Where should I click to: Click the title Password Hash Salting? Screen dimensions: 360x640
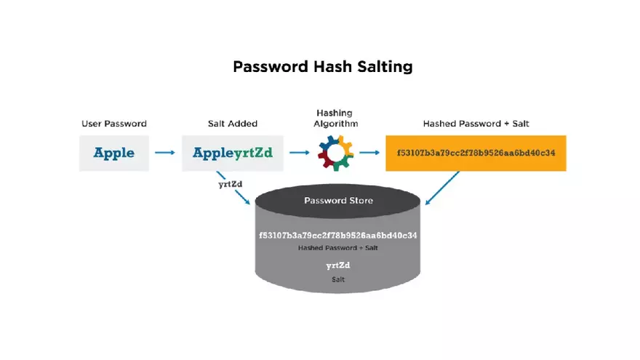(322, 67)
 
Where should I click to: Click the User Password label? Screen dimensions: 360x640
(114, 124)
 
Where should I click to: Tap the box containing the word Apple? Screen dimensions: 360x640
(114, 153)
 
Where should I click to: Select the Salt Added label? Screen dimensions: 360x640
(233, 124)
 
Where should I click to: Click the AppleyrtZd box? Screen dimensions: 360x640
(233, 153)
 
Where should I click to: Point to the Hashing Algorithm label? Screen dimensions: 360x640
(335, 119)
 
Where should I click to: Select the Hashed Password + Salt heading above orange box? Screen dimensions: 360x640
(476, 124)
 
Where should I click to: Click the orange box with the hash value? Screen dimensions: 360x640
(476, 153)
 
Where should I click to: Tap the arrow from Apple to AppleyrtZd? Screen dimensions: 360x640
(165, 153)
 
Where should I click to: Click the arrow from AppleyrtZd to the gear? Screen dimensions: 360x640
(300, 153)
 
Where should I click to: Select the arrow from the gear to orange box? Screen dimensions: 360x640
(369, 153)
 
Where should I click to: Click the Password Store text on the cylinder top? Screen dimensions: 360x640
(337, 200)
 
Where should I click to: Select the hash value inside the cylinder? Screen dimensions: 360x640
(337, 236)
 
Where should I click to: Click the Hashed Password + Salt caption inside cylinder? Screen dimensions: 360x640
(337, 248)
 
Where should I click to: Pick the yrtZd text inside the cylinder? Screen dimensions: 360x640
(337, 266)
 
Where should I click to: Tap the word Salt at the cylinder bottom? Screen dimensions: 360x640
(337, 279)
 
